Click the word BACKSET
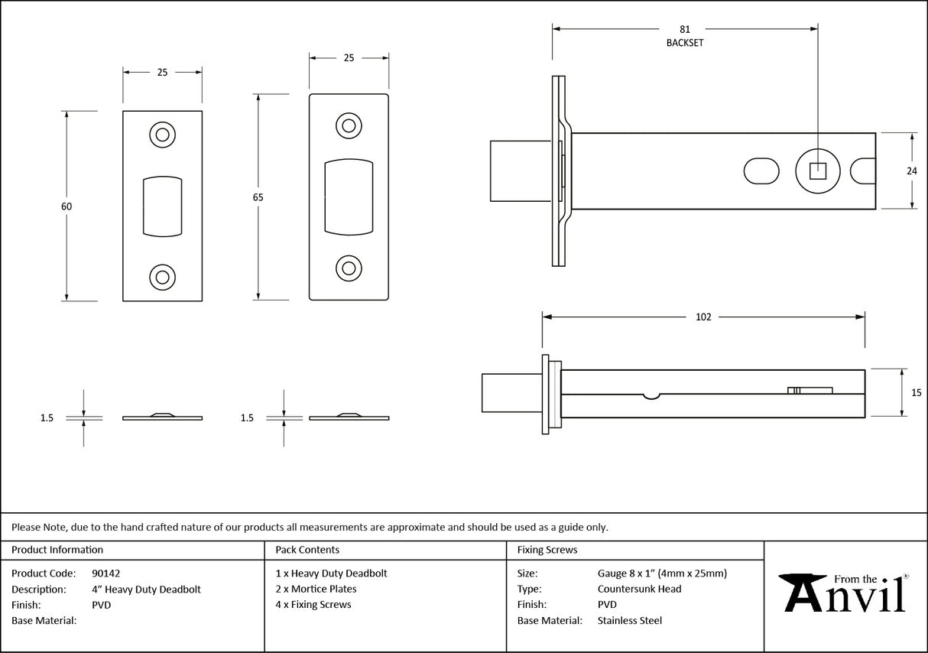pyautogui.click(x=684, y=44)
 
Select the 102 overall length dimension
pyautogui.click(x=703, y=317)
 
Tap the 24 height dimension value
pyautogui.click(x=911, y=171)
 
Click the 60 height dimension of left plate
pyautogui.click(x=67, y=206)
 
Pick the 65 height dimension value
pyautogui.click(x=258, y=197)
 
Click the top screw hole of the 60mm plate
pyautogui.click(x=162, y=135)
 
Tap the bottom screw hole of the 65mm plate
pyautogui.click(x=349, y=268)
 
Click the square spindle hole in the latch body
pyautogui.click(x=817, y=171)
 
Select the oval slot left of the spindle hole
pyautogui.click(x=761, y=171)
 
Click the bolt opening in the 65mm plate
pyautogui.click(x=349, y=197)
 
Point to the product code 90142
pyautogui.click(x=105, y=573)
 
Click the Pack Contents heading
pyautogui.click(x=307, y=550)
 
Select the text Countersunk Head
pyautogui.click(x=639, y=589)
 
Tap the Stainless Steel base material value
pyautogui.click(x=629, y=621)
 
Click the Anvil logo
pyautogui.click(x=844, y=593)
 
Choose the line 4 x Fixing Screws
pyautogui.click(x=313, y=605)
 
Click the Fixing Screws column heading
pyautogui.click(x=547, y=550)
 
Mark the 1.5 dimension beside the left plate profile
pyautogui.click(x=47, y=418)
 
